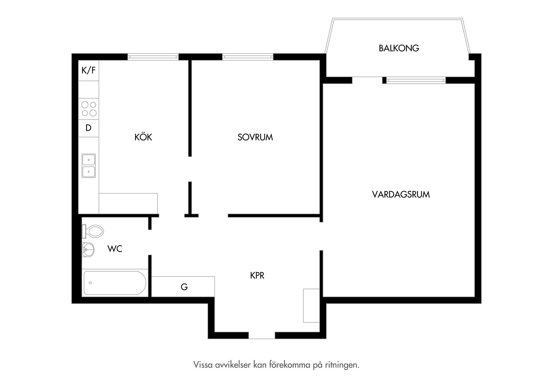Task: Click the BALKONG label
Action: [399, 48]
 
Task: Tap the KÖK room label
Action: [143, 137]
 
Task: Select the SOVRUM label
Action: [255, 137]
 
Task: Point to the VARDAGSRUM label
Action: [401, 194]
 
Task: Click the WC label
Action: [115, 249]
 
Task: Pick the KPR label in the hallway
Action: [257, 276]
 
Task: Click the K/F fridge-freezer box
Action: [89, 70]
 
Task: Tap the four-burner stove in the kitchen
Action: [89, 109]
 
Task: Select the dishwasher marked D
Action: [89, 128]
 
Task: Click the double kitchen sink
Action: [89, 166]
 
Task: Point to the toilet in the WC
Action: [94, 231]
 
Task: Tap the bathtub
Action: [115, 283]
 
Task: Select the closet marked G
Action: [184, 287]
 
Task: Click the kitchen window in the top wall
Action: [153, 57]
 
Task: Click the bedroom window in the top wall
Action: [248, 57]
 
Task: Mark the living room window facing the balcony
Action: [416, 80]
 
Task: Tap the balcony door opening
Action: [367, 80]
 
